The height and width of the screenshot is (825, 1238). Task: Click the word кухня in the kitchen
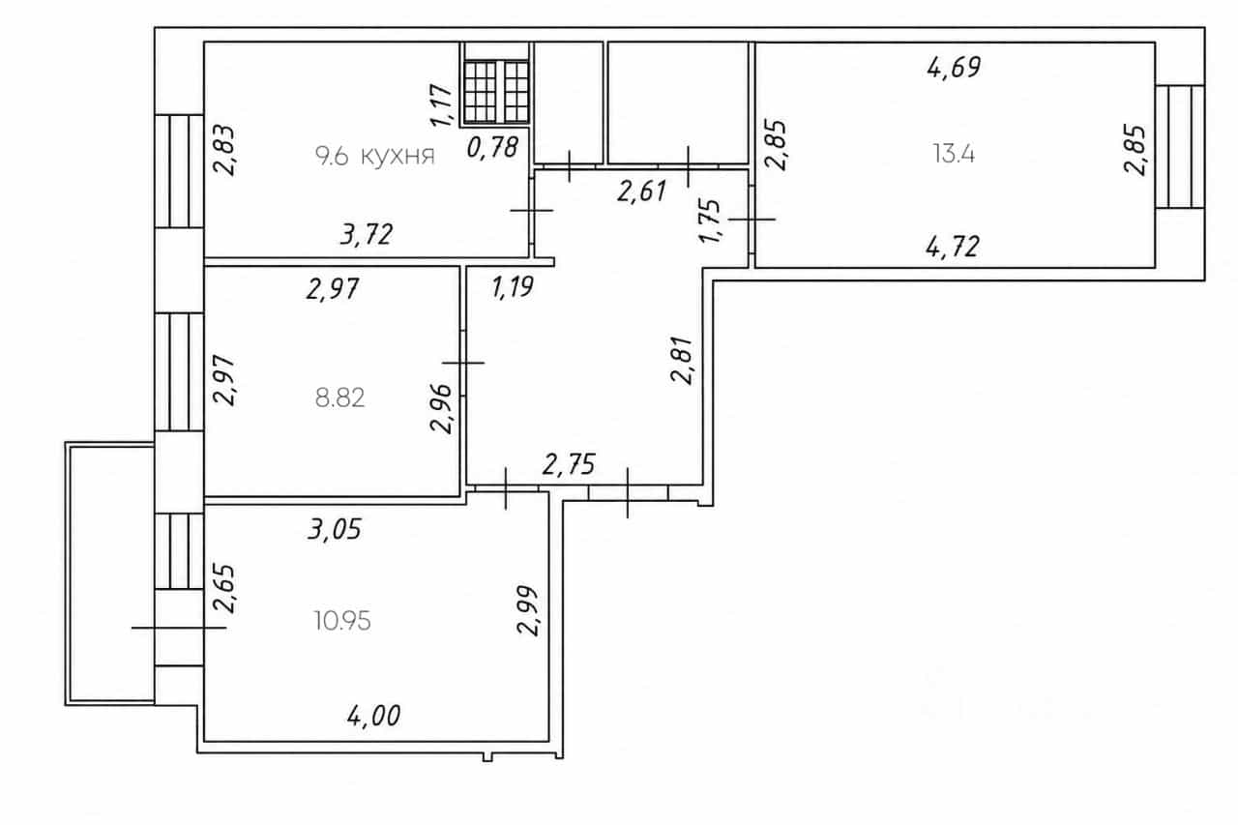[x=398, y=157]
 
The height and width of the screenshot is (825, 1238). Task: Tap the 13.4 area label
[x=954, y=154]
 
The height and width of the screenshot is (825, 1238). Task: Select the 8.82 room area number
[x=339, y=398]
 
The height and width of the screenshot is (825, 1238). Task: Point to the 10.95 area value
[x=342, y=621]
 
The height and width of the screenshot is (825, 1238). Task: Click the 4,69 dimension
[x=954, y=68]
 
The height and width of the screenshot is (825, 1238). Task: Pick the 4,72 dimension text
[x=953, y=247]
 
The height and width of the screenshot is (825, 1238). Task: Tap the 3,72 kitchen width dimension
[x=367, y=234]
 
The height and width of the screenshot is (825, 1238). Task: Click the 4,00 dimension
[x=374, y=716]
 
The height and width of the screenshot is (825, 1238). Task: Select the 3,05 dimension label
[x=335, y=529]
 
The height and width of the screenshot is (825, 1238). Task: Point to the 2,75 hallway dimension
[x=569, y=464]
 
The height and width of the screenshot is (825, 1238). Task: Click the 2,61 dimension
[x=641, y=192]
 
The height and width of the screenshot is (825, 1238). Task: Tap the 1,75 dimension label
[x=710, y=221]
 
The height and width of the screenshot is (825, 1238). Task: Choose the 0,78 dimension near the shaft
[x=492, y=148]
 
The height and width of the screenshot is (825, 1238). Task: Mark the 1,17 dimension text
[x=442, y=105]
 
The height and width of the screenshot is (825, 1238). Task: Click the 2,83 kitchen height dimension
[x=225, y=151]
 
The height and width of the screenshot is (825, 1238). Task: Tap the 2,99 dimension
[x=528, y=610]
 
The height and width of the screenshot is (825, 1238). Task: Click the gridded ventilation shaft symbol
[x=496, y=92]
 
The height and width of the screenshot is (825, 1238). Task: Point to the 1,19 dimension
[x=513, y=287]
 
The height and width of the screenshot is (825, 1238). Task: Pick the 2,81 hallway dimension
[x=682, y=360]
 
